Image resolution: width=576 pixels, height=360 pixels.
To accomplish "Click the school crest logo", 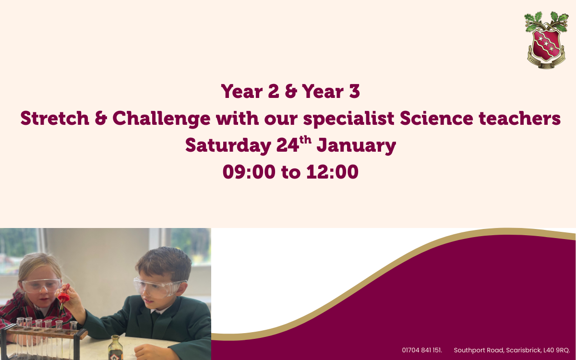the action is click(546, 40).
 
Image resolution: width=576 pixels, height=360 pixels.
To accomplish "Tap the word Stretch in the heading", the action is click(55, 118).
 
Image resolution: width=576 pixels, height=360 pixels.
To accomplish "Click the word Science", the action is click(436, 118).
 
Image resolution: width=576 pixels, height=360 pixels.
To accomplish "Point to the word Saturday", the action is click(228, 146).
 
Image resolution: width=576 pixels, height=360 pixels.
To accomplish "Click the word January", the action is click(356, 146).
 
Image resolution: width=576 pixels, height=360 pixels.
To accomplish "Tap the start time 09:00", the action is click(249, 172).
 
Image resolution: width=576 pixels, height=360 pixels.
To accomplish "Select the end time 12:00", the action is click(332, 172).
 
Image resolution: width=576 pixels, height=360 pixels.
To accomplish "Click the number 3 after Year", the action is click(354, 91).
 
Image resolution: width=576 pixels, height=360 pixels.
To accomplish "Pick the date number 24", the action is click(288, 145).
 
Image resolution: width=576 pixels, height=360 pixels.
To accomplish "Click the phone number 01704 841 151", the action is click(422, 350).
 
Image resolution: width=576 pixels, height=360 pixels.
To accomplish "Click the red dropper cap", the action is click(63, 296).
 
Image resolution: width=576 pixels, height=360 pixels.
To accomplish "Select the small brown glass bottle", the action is click(116, 348).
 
